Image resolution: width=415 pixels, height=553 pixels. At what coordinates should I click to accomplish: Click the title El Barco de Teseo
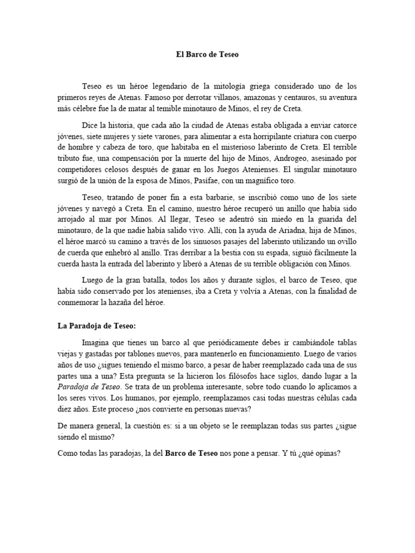pyautogui.click(x=207, y=54)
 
